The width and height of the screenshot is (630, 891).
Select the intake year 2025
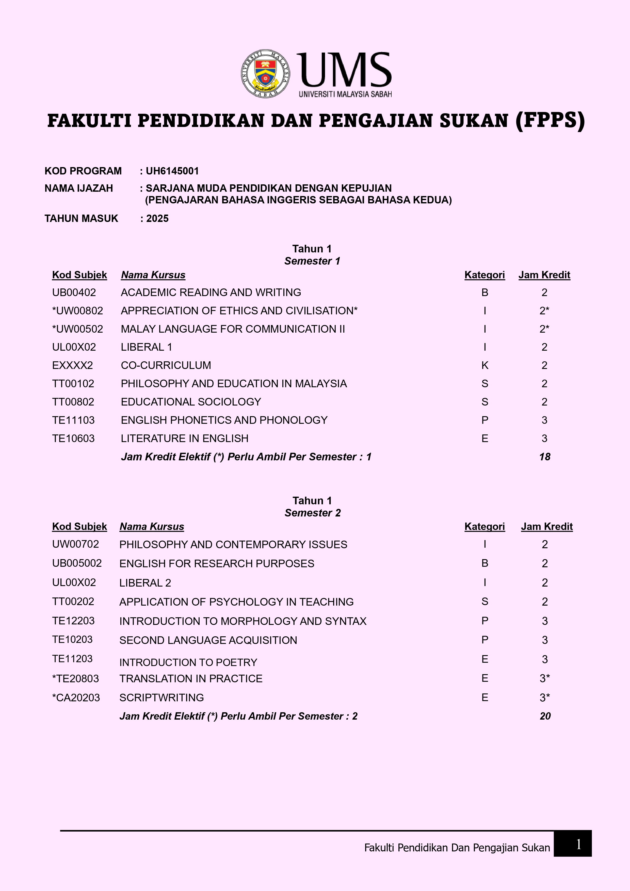coord(157,218)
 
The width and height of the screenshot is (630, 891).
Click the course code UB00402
coord(74,293)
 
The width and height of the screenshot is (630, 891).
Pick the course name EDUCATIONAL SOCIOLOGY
coord(191,402)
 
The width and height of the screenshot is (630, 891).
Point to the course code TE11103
coord(73,420)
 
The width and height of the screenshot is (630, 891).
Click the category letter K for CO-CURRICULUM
coord(484,366)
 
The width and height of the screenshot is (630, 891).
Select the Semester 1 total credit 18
coord(545,457)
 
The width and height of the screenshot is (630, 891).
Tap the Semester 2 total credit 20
coord(545,716)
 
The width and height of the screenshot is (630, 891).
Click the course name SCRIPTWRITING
coord(161,698)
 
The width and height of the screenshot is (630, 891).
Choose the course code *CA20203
coord(76,698)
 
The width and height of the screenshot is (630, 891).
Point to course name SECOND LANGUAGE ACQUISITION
coord(208,640)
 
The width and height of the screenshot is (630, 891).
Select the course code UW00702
coord(75,544)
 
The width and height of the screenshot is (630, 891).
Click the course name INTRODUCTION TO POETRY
coord(188,662)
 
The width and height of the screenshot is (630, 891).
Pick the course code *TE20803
coord(75,679)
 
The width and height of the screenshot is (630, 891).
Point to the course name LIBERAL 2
coord(145,583)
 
